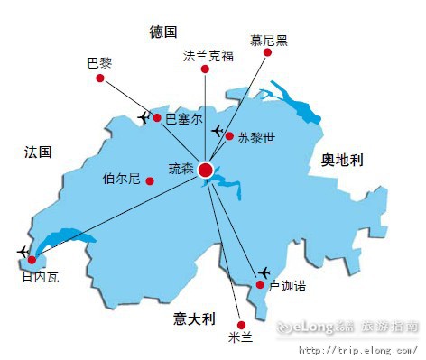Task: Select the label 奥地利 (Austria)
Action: coord(342,160)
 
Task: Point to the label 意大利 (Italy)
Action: coord(195,318)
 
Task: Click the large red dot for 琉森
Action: coord(207,169)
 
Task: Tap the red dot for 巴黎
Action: coord(100,78)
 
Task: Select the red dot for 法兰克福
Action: coord(207,73)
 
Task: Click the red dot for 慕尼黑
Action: coord(267,53)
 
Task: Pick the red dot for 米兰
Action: coord(240,324)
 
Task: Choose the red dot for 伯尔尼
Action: coord(150,180)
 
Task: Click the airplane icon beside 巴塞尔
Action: coord(144,117)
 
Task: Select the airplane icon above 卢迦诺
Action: coord(264,272)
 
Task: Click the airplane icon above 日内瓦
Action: coord(23,251)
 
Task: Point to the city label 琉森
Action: coord(181,169)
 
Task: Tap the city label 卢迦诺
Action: coord(288,286)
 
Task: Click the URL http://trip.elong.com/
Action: coord(358,350)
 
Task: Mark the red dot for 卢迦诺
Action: coord(260,285)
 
